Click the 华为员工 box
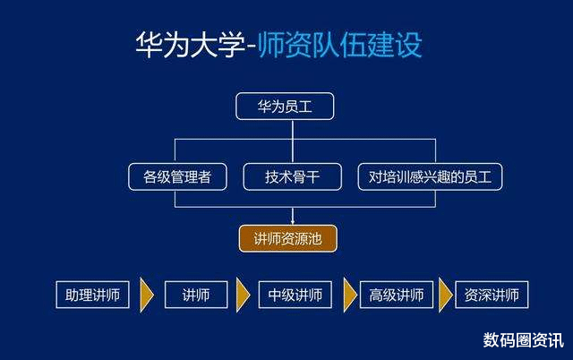(285, 107)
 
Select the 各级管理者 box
(177, 177)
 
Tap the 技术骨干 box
(293, 177)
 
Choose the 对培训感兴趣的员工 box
(430, 177)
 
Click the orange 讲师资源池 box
(288, 239)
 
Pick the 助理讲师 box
(92, 295)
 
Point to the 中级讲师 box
(295, 295)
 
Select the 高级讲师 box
(397, 295)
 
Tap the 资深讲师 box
(492, 295)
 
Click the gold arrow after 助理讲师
(147, 295)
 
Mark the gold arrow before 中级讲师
(243, 295)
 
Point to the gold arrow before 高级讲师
(350, 295)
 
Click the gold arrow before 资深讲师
(446, 295)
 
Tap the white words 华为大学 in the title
(190, 45)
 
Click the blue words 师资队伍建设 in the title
(340, 45)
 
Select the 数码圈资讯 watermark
(523, 340)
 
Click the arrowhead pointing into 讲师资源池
(293, 221)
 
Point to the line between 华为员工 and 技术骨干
(293, 141)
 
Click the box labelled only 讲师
(196, 295)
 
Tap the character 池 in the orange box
(314, 239)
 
